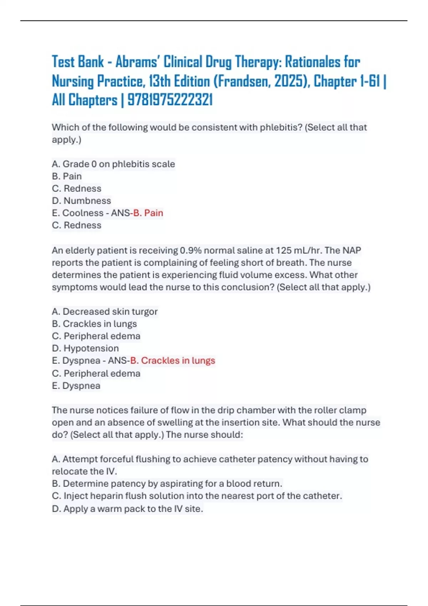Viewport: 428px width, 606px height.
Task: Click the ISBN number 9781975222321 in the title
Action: pos(170,100)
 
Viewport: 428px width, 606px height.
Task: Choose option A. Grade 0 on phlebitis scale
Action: pos(113,164)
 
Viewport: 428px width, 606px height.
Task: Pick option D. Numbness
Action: pos(81,201)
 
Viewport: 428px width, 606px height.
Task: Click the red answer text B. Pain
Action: pos(148,213)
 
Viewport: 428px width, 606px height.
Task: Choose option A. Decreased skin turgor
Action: pos(105,312)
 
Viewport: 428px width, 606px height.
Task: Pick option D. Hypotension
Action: pos(85,348)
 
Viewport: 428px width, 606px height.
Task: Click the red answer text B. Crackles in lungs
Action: pos(173,360)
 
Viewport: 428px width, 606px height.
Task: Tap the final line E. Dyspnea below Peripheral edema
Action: pos(76,386)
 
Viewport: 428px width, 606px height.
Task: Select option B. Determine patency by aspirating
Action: pos(167,483)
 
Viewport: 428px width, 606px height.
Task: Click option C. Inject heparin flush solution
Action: pos(197,496)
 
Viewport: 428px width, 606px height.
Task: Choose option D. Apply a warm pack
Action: pos(127,509)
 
